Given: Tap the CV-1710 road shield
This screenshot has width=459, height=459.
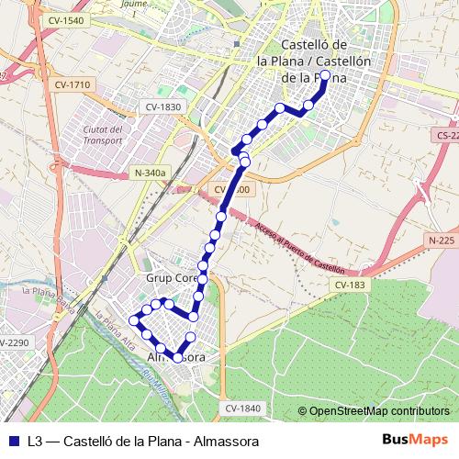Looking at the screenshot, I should [x=73, y=85].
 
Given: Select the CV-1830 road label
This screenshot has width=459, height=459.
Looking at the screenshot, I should [x=162, y=106].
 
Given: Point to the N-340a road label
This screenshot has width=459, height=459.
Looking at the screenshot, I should [x=150, y=172].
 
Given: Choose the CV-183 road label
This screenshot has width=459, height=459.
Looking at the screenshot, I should [x=350, y=285].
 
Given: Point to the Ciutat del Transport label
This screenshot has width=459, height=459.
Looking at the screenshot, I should [x=102, y=135].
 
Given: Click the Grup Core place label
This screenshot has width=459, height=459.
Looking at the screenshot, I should [x=172, y=276].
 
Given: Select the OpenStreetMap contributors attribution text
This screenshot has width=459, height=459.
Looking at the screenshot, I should [x=379, y=410].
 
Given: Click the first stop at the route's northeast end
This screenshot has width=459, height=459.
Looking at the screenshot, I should [x=325, y=76].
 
